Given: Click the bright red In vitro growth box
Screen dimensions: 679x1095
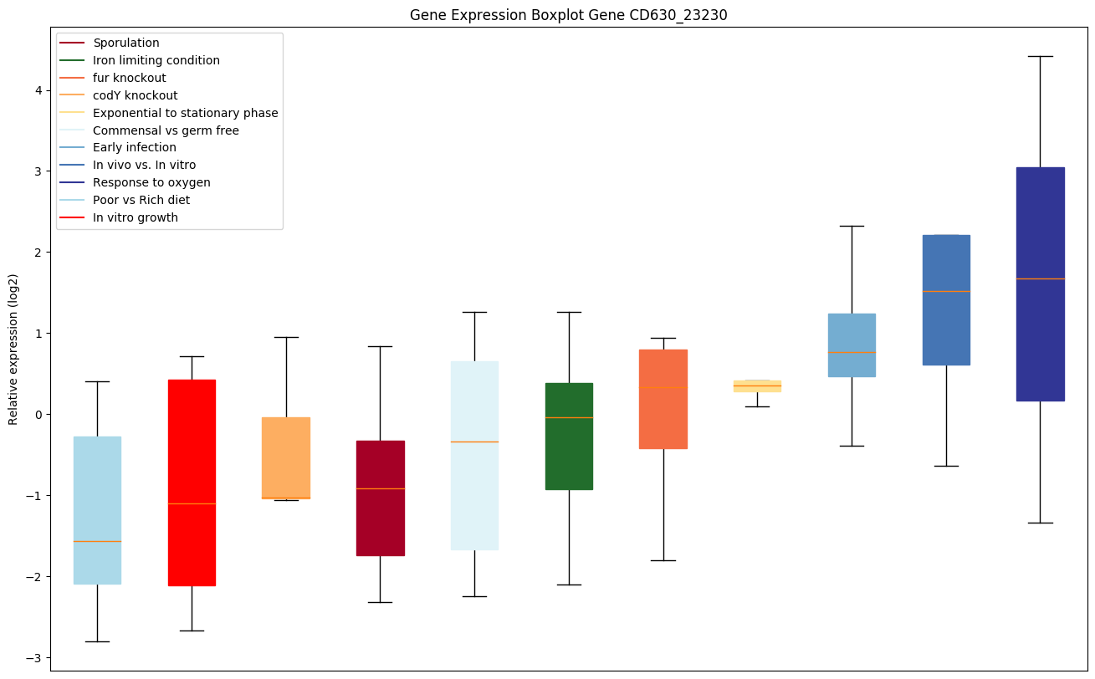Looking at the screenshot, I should coord(192,482).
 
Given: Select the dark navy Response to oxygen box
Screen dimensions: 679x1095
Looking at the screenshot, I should coord(1040,284).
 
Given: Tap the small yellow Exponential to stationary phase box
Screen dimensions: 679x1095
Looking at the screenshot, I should coord(757,385).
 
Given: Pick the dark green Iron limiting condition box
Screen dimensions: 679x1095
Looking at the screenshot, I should coord(569,436).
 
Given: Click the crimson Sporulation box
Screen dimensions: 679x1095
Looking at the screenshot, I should coord(381,498).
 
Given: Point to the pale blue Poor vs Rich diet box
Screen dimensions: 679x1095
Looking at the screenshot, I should coord(97,510).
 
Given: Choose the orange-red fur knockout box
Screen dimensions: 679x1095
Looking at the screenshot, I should coord(663,399).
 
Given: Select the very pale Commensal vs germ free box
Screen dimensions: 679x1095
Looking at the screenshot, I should coord(474,455).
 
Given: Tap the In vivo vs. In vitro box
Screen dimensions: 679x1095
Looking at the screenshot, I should coord(946,299).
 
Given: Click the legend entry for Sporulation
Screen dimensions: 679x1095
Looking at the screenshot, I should coord(126,43).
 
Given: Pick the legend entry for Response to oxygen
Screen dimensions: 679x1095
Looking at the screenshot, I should coord(151,182).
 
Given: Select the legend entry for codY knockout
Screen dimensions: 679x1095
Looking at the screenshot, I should coord(135,95).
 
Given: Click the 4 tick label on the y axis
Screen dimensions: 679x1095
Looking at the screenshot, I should coord(38,90).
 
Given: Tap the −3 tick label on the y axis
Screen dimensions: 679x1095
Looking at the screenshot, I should coord(34,658).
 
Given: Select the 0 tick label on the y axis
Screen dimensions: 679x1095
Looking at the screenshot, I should coord(38,415).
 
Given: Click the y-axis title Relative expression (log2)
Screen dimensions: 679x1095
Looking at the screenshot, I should coord(13,349).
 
